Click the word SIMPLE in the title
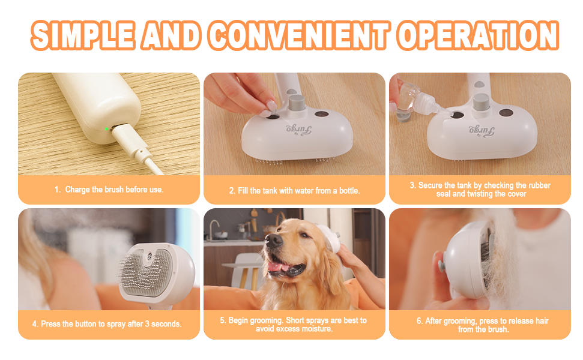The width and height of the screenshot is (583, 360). (x=83, y=35)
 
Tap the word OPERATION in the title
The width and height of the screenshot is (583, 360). (x=478, y=35)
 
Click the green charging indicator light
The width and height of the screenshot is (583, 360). (x=106, y=129)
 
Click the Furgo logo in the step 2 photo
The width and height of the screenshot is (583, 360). (x=298, y=130)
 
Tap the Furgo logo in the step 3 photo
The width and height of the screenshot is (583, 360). (x=482, y=130)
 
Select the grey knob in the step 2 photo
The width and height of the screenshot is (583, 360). (x=297, y=103)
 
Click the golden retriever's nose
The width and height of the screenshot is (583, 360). (x=274, y=241)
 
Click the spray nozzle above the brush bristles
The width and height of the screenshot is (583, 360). (x=150, y=256)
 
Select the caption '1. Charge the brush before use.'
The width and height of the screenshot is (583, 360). (x=109, y=190)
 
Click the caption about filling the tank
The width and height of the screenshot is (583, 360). (x=294, y=191)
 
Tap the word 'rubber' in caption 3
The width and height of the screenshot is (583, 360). (x=539, y=185)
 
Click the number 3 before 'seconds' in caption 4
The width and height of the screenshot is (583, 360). (x=147, y=324)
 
